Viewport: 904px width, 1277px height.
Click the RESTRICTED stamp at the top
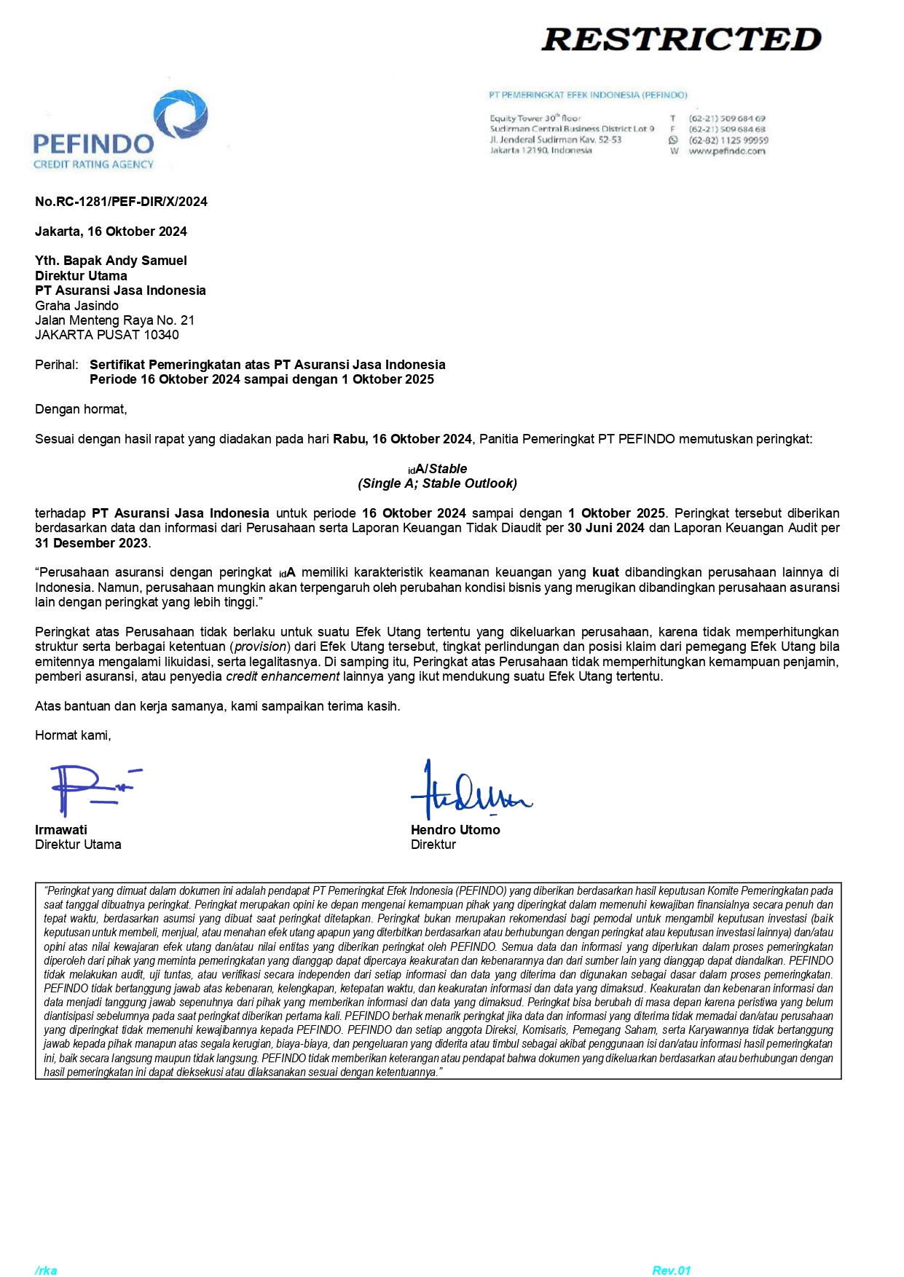(681, 39)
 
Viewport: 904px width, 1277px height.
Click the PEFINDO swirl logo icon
(181, 116)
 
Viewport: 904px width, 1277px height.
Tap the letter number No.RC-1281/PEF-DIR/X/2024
(121, 202)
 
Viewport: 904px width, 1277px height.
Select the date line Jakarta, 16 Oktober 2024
(111, 232)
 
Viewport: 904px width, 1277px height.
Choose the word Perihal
(55, 365)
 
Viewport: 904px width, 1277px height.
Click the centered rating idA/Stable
(438, 469)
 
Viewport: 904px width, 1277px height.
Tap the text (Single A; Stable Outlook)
(437, 483)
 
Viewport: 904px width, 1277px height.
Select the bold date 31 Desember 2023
(91, 543)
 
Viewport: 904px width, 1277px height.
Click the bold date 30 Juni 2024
(605, 528)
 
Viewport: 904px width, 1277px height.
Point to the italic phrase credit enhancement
(283, 676)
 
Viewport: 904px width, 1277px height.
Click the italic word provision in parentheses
(260, 647)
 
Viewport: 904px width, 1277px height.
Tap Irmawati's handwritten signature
(91, 789)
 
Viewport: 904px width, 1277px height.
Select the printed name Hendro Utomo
(455, 830)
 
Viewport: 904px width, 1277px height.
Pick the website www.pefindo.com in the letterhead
(726, 151)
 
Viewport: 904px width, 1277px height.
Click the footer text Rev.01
(671, 1270)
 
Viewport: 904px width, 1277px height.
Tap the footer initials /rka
(46, 1270)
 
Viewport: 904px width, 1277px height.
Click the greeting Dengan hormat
(81, 409)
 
